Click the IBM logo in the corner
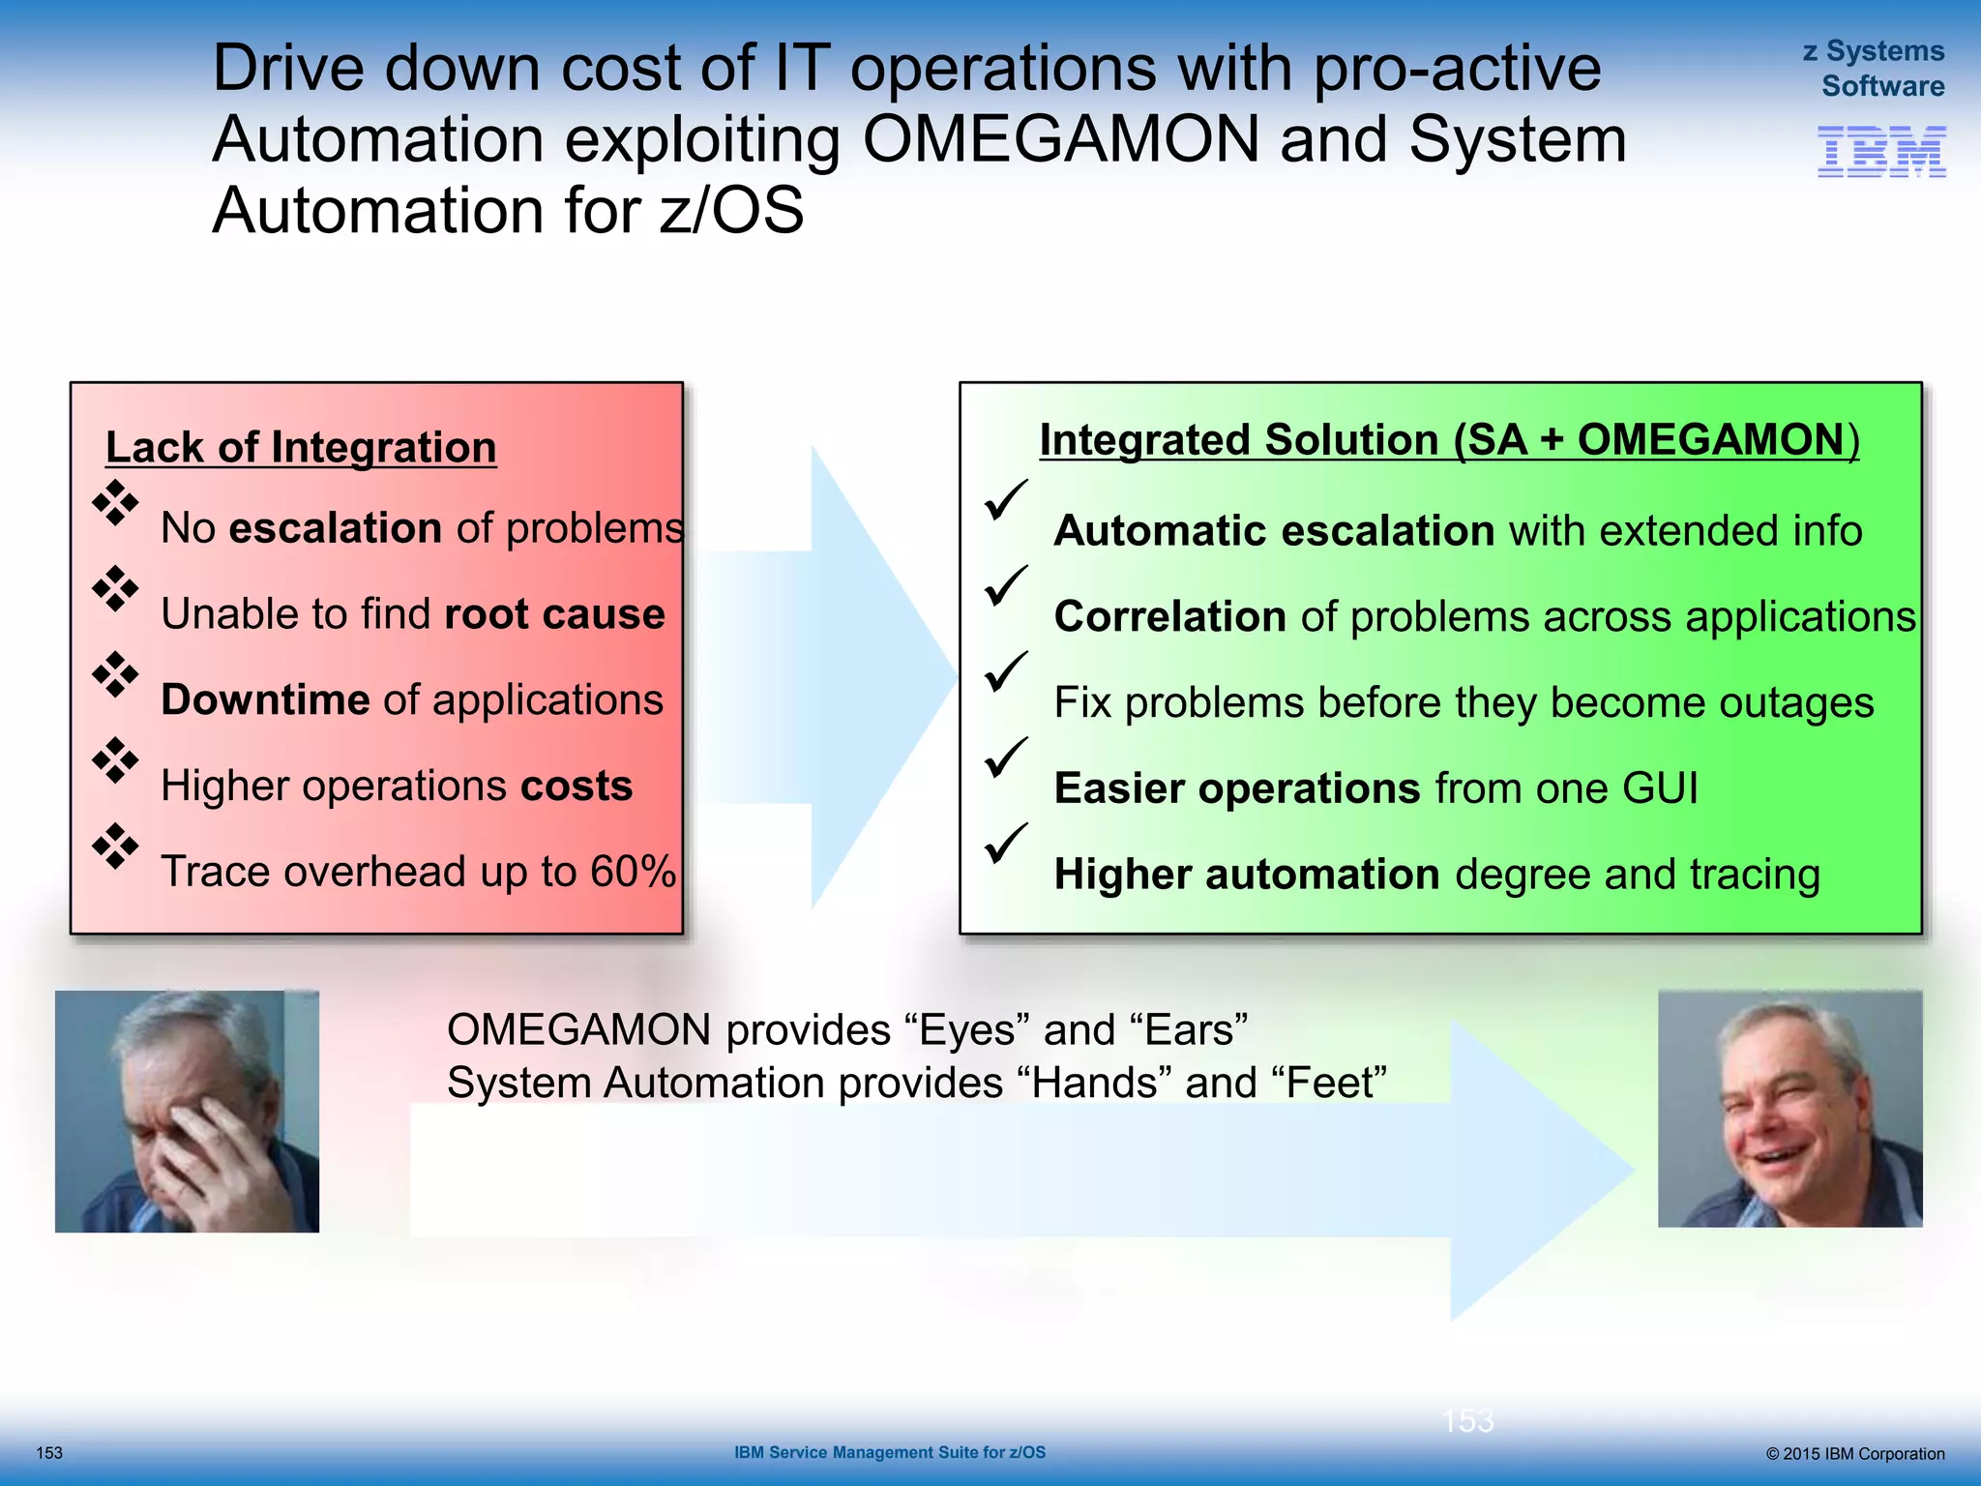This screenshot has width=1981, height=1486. pos(1881,152)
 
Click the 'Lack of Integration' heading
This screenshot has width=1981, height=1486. pos(301,448)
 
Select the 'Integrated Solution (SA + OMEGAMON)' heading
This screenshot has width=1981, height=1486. pos(1448,440)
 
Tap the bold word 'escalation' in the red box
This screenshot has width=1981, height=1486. pos(335,528)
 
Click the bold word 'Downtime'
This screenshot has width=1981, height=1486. pos(265,699)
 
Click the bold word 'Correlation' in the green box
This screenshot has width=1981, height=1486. pos(1168,617)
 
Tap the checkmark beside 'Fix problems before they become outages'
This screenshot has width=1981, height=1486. pos(1005,670)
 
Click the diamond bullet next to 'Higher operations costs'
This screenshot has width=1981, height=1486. pos(115,760)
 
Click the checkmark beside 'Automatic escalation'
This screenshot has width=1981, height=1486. pos(1005,499)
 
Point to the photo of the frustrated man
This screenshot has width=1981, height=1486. pos(187,1111)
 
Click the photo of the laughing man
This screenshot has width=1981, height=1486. pos(1789,1109)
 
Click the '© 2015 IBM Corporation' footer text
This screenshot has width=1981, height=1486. pos(1854,1453)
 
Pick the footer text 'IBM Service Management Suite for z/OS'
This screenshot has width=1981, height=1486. pos(889,1452)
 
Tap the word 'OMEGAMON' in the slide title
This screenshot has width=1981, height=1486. pos(1060,139)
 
